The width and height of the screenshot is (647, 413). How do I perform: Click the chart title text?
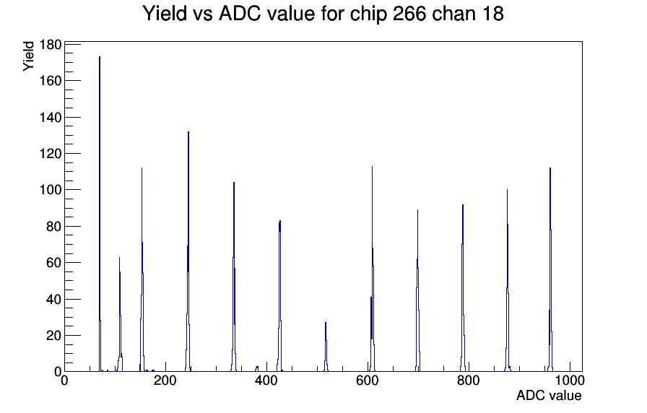coord(323,14)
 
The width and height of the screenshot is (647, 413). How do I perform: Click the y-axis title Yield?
coord(28,56)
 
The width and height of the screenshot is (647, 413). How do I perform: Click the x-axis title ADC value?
coord(549,395)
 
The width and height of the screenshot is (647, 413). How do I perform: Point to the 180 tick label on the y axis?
coord(51,44)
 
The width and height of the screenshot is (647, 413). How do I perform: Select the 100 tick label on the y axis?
coord(51,190)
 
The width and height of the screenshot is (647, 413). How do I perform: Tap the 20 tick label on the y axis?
coord(53,336)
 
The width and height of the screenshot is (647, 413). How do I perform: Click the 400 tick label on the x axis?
coord(266,380)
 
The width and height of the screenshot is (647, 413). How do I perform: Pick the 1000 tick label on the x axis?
coord(569,380)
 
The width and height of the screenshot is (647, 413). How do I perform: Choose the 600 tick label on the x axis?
coord(368,380)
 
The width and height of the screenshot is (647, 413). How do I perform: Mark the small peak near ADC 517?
coord(326,347)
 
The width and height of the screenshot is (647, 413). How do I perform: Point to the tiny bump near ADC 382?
coord(257,368)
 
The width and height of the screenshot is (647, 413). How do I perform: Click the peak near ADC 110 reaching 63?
coord(120,314)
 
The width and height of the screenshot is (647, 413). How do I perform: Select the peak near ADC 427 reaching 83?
coord(279,296)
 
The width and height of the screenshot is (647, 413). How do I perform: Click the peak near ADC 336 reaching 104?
coord(234,277)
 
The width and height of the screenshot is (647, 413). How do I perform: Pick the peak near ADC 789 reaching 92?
coord(463,287)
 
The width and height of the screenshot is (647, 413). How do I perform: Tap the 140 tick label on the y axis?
coord(51,117)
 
